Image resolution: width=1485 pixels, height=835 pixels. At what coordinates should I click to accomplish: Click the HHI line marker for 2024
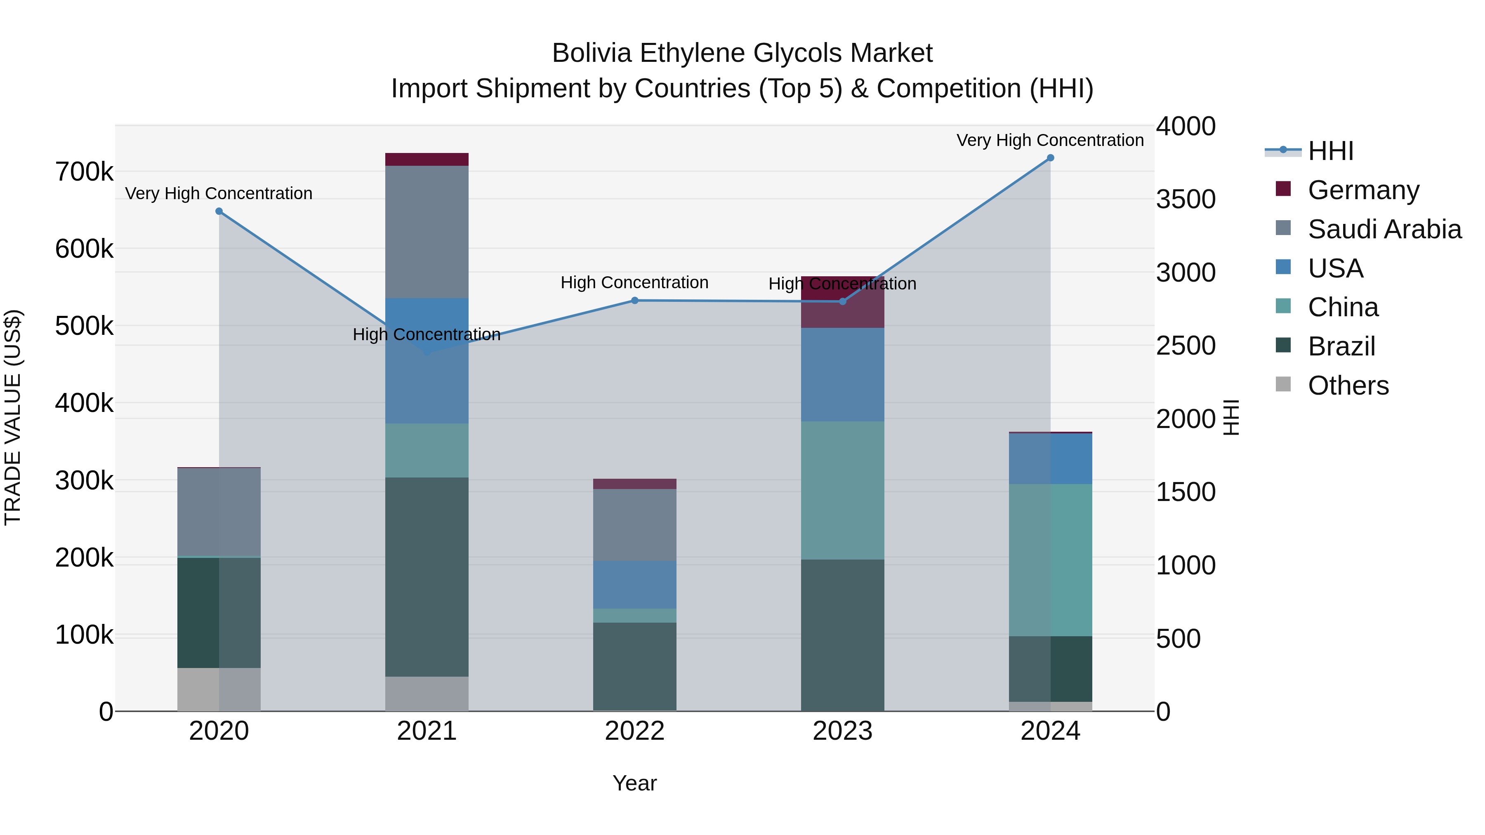coord(1050,158)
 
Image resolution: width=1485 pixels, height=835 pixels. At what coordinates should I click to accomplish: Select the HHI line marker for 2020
coord(219,212)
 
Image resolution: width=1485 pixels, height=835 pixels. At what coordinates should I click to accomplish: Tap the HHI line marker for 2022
coord(635,300)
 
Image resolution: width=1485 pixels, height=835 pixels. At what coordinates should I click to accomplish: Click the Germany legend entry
coord(1363,190)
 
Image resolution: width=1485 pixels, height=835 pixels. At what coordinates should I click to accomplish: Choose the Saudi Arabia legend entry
coord(1384,229)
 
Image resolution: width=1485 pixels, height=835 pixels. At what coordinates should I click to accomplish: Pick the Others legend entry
coord(1348,385)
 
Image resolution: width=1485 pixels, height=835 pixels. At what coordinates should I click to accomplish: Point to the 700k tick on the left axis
coord(84,172)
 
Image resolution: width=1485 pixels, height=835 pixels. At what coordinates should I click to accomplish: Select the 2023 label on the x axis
coord(842,731)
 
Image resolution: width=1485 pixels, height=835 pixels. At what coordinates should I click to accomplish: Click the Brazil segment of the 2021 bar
coord(427,576)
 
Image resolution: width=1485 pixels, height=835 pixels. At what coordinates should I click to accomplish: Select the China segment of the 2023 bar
coord(842,490)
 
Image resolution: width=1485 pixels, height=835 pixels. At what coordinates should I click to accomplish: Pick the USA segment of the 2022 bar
coord(635,584)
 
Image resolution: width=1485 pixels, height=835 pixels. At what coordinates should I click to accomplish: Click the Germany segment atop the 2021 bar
coord(427,160)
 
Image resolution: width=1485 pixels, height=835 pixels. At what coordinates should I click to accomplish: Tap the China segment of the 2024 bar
coord(1050,560)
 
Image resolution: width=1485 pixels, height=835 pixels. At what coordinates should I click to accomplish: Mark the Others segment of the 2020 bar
coord(219,689)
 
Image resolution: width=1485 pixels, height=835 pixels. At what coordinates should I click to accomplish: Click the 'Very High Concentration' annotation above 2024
coord(1050,140)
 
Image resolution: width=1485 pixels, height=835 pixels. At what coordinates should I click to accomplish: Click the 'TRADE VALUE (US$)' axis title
coord(13,417)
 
